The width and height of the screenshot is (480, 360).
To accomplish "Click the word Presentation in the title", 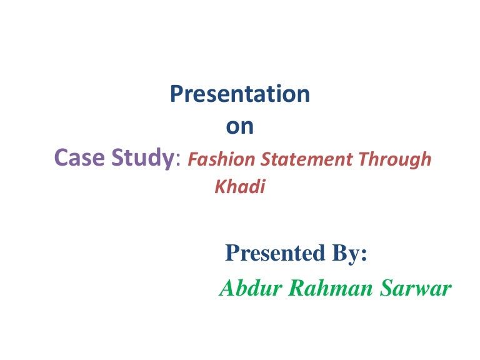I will coord(240,94).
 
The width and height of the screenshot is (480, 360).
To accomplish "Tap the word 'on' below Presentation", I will coord(239,126).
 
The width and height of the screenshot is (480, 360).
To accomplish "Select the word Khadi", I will coord(240,187).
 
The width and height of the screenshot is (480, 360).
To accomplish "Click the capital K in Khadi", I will coord(220,187).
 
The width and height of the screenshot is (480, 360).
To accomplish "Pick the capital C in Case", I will coord(61,159).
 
